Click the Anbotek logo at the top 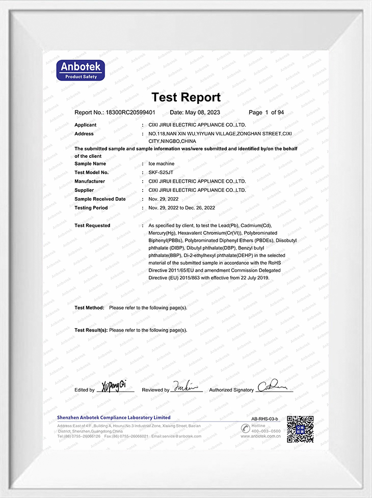(x=81, y=70)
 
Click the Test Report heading (x=186, y=97)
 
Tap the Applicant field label (x=86, y=125)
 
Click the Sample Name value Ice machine (x=161, y=164)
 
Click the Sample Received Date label (x=100, y=199)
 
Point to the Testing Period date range (x=181, y=208)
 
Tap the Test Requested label (x=92, y=226)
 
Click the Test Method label (x=89, y=308)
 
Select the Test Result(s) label (x=91, y=330)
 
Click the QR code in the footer (x=300, y=429)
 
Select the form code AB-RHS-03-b (x=265, y=419)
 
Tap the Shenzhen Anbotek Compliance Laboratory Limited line (x=114, y=418)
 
